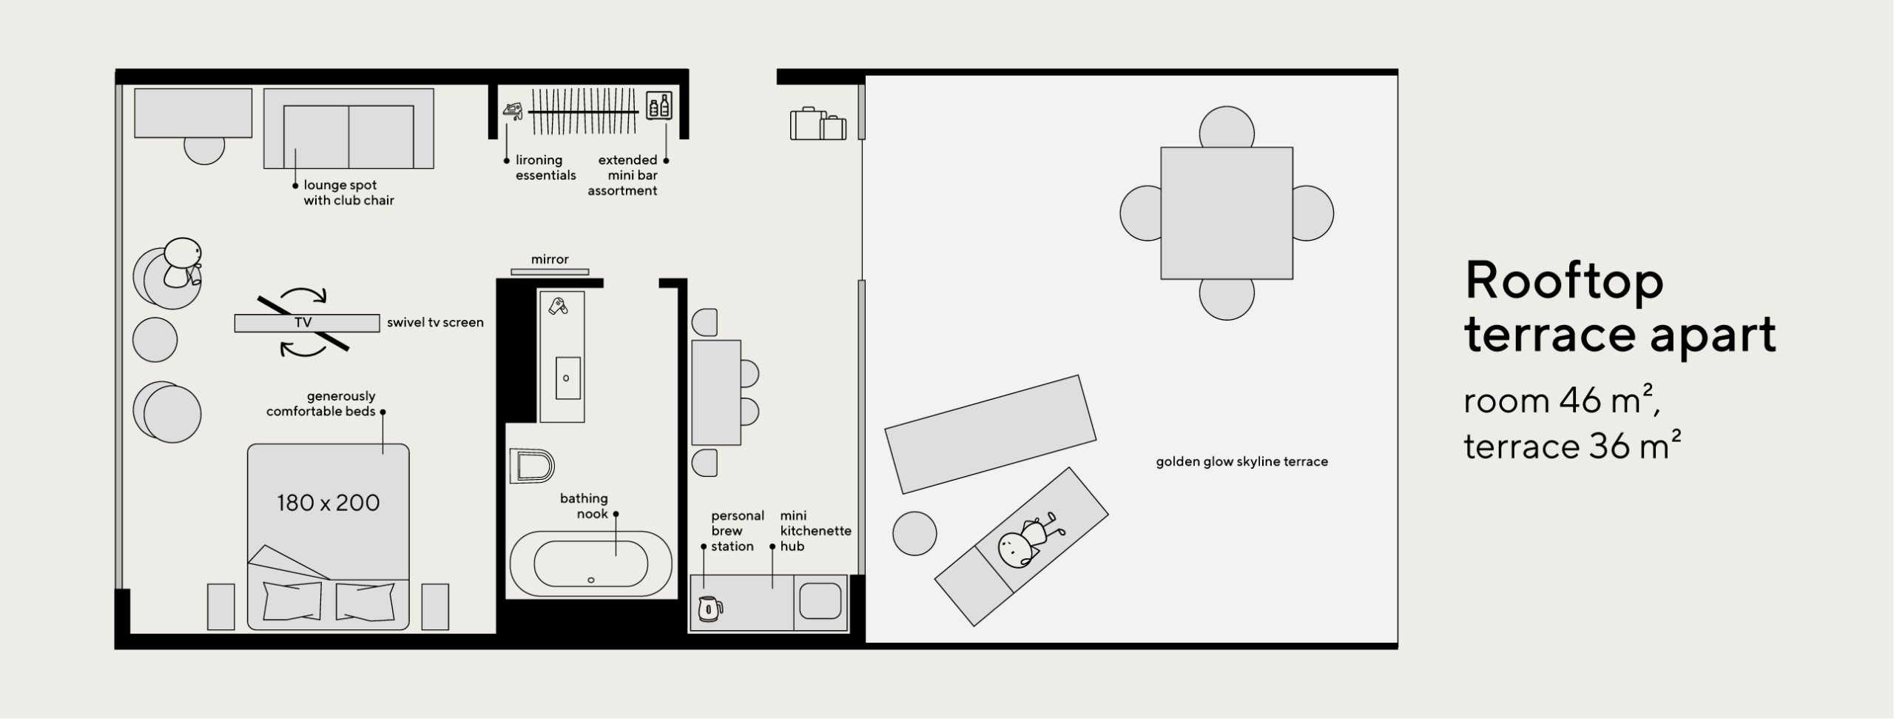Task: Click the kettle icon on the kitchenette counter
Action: [710, 609]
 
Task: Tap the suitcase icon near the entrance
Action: [818, 124]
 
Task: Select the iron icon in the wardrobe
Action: [513, 110]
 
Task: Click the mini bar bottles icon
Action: [658, 105]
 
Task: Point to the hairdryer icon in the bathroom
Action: [558, 305]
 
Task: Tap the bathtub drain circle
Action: [591, 580]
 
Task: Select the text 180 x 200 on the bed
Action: [328, 503]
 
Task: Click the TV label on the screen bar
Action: [303, 323]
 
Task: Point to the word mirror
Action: [550, 259]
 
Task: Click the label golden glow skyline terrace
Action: [1242, 461]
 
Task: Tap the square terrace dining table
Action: [1227, 213]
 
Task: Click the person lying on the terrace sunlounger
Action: [1029, 542]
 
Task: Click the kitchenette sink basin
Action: [820, 601]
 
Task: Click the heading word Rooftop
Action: [1564, 282]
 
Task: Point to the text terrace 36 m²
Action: [1572, 446]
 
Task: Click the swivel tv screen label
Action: [435, 323]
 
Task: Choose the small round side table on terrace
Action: [914, 533]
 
